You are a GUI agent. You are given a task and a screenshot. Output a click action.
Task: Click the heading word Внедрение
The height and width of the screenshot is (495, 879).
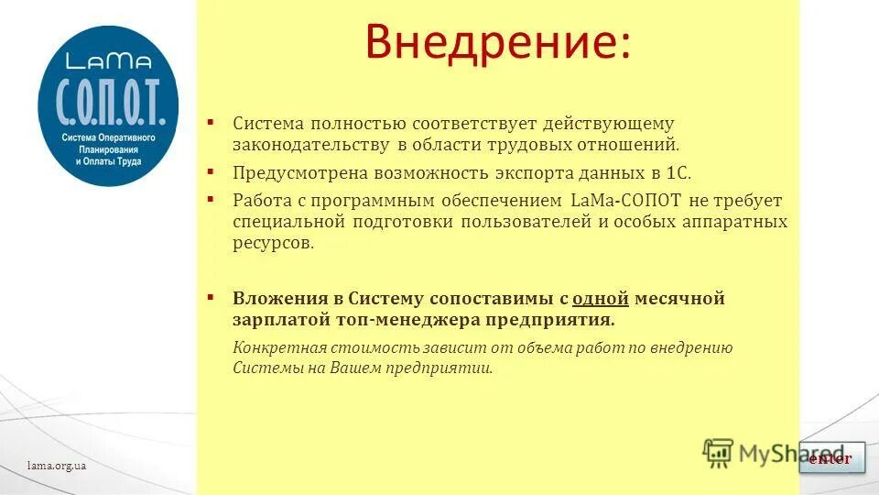click(498, 43)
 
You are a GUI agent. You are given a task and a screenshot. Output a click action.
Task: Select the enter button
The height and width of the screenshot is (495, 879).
click(831, 458)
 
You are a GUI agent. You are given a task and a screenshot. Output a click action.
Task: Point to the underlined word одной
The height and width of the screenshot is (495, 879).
click(601, 298)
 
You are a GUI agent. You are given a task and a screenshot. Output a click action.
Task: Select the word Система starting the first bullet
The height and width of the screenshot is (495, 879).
click(267, 123)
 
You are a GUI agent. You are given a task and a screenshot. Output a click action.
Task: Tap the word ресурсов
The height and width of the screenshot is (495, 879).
click(273, 243)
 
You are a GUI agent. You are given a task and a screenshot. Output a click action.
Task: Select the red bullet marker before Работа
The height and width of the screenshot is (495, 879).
click(210, 199)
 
